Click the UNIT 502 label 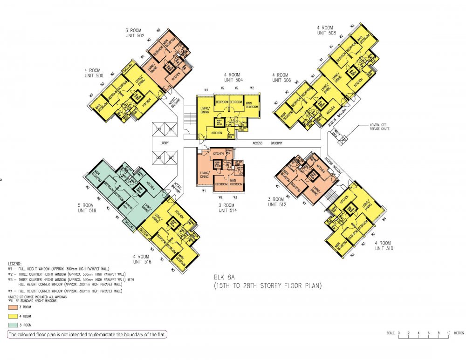(134, 35)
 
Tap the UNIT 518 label (87, 211)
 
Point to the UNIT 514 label (228, 211)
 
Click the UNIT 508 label (327, 33)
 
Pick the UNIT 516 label (141, 262)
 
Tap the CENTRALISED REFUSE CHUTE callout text (379, 127)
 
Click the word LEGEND (15, 264)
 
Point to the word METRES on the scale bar (459, 333)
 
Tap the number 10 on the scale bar (448, 333)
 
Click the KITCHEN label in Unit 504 (217, 133)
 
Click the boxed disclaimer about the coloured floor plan (87, 334)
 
